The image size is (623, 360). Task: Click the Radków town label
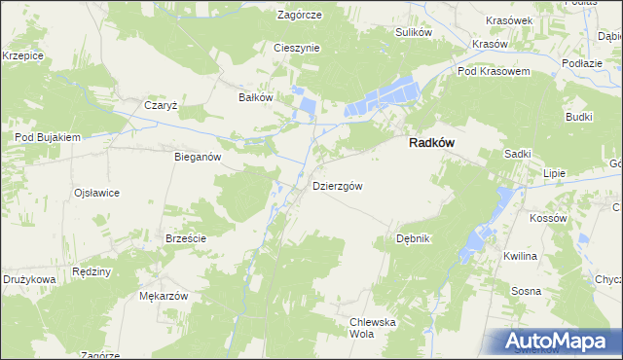[428, 142]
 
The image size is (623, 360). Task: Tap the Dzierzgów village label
[338, 186]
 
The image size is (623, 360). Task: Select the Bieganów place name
[199, 157]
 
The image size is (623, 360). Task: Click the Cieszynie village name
[298, 48]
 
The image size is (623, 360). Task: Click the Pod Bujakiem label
[47, 138]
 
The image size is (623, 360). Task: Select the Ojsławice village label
[96, 193]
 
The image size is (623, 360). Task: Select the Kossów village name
[548, 218]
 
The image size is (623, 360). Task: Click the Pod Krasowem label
[493, 72]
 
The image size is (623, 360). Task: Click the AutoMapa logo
[559, 342]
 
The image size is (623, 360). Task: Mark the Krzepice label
[23, 56]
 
